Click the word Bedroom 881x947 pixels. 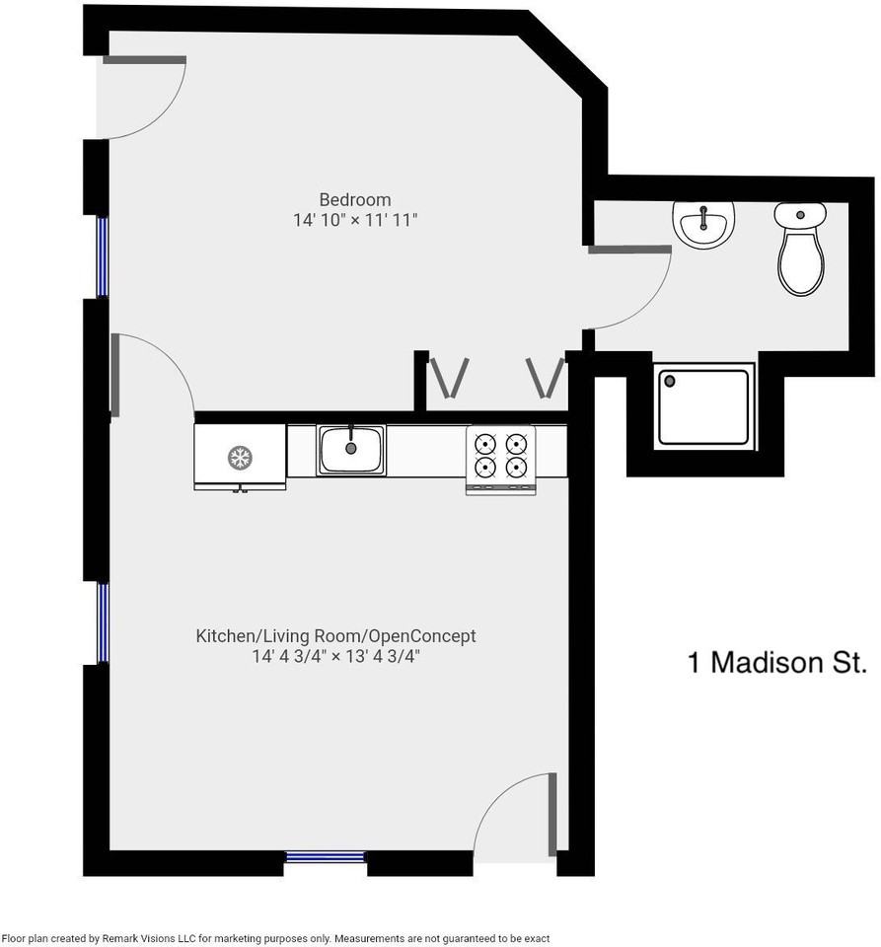[x=354, y=199]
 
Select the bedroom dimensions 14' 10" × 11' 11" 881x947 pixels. [x=355, y=221]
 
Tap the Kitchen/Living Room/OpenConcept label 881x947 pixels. [x=335, y=636]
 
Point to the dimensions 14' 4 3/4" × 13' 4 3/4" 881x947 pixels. [x=335, y=657]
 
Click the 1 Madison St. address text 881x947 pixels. [x=776, y=662]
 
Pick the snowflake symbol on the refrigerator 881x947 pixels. [x=239, y=457]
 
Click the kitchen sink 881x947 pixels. [x=350, y=450]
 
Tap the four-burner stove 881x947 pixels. [x=500, y=458]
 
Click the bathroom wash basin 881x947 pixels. [x=703, y=222]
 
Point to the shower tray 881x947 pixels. [x=704, y=405]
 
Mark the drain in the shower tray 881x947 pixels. [x=670, y=381]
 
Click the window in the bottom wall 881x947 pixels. [x=326, y=856]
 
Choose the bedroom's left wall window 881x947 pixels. [x=102, y=255]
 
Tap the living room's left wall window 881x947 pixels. [x=102, y=622]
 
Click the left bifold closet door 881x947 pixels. [x=448, y=378]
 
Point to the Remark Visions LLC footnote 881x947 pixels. [x=275, y=938]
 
